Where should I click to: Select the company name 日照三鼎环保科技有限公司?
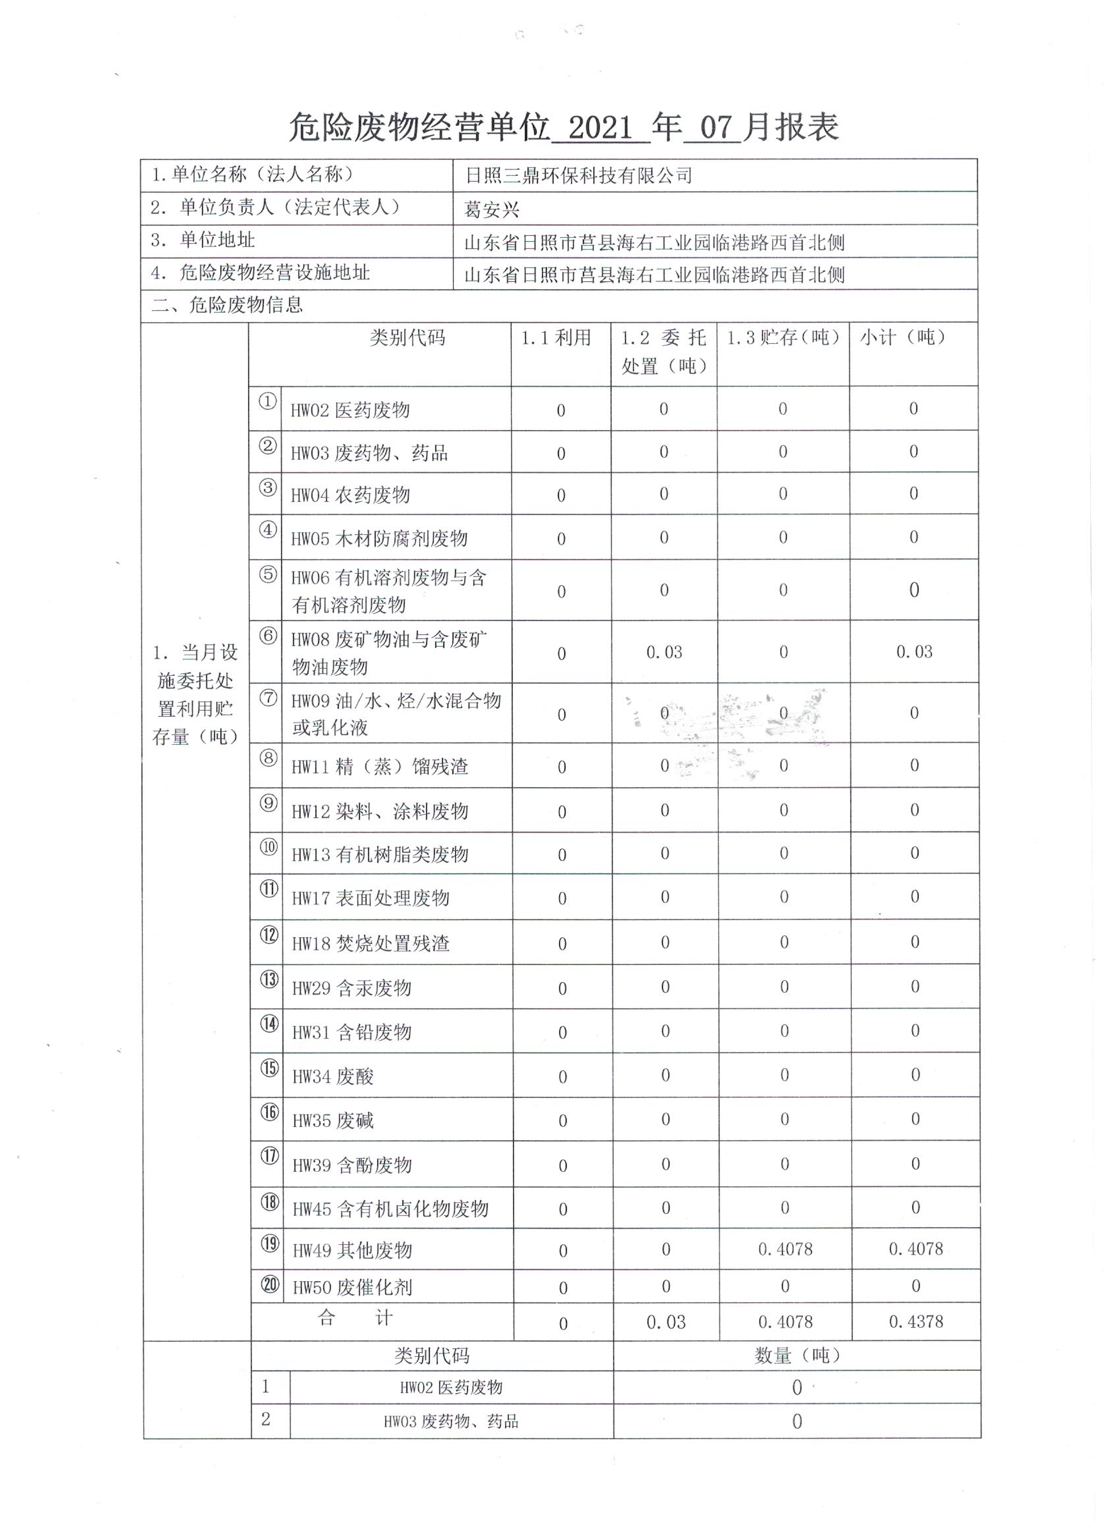pos(578,176)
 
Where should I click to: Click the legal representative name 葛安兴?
pos(491,209)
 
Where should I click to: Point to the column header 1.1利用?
pos(555,337)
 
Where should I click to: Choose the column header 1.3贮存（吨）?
pos(783,337)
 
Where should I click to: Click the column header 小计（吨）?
pos(903,337)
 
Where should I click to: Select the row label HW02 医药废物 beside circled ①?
pos(350,410)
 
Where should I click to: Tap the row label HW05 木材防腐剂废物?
pos(379,538)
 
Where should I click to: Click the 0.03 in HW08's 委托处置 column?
pos(663,653)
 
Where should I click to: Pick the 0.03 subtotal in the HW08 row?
pos(914,652)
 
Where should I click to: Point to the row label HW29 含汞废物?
pos(351,988)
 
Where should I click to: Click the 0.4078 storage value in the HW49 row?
pos(785,1250)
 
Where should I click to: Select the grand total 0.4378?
pos(916,1321)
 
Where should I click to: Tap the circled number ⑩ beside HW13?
pos(269,848)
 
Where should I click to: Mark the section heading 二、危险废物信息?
pos(227,305)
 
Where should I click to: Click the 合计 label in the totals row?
pos(354,1318)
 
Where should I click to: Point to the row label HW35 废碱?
pos(333,1120)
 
